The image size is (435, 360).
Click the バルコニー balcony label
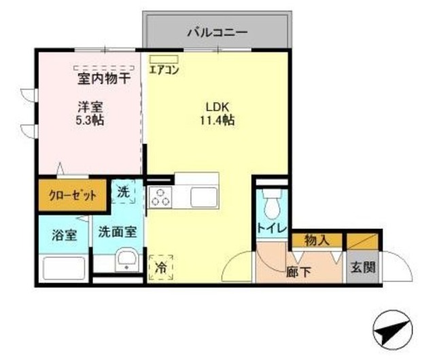217,31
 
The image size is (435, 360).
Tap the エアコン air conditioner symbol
164,59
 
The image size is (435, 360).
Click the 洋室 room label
89,107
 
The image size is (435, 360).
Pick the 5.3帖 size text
89,120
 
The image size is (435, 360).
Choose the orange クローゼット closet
72,196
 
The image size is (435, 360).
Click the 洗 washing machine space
124,192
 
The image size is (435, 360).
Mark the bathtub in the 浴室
65,268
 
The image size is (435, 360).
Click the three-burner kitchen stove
162,197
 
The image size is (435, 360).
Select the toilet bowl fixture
272,202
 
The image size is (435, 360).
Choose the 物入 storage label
317,239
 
